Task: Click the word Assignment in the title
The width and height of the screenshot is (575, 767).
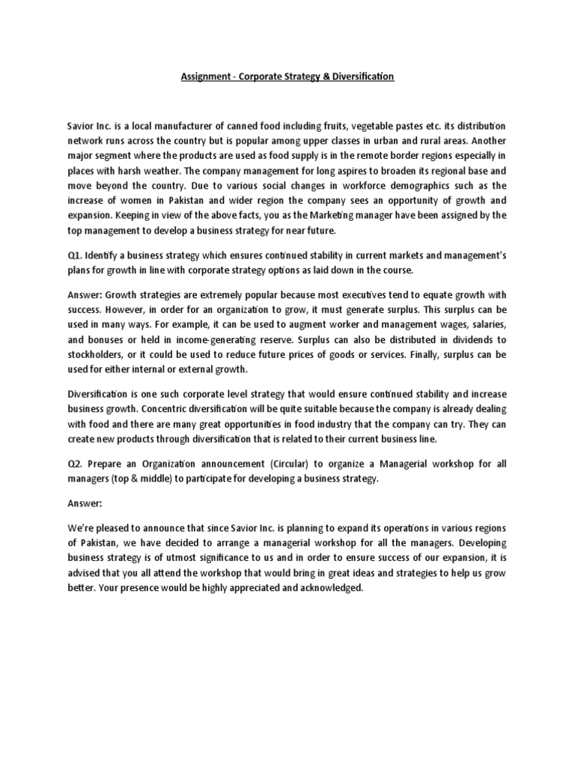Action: tap(205, 77)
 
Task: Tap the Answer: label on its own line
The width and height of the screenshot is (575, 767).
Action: tap(84, 505)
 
